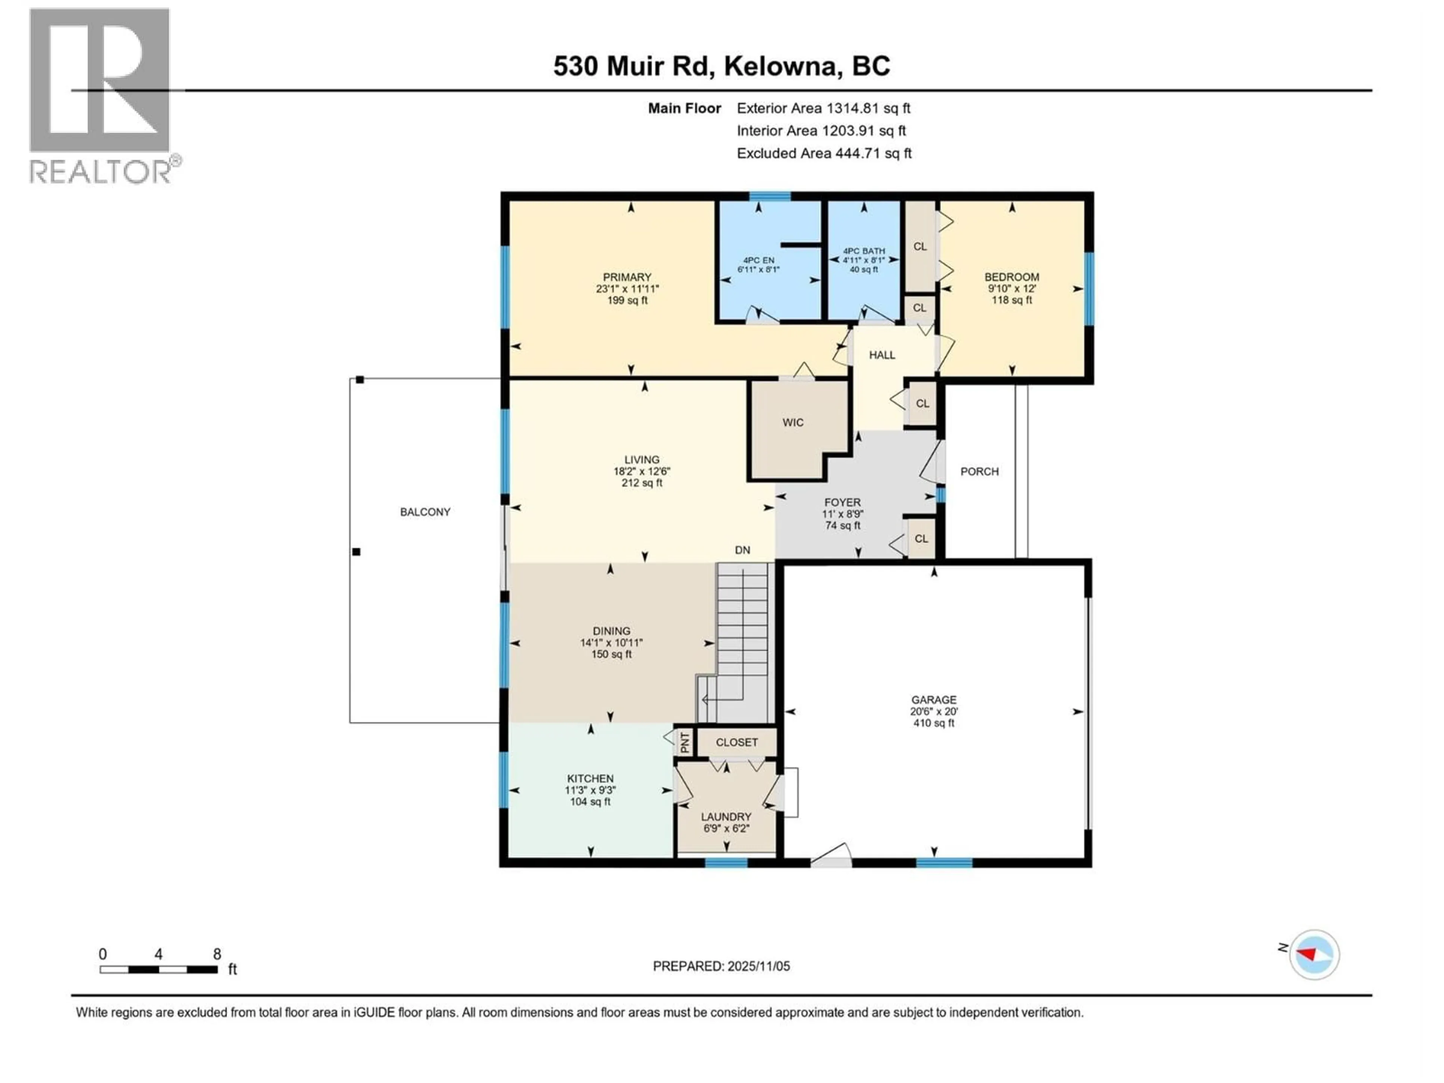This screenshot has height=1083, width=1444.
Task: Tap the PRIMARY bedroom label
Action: [x=627, y=277]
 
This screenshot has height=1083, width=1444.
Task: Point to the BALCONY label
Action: [x=425, y=512]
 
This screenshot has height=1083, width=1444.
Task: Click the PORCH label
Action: [x=979, y=471]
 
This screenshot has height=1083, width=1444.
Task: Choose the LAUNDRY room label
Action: [x=726, y=817]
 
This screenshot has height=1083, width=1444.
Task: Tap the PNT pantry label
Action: [x=685, y=743]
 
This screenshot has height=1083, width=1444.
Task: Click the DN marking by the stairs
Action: [x=742, y=550]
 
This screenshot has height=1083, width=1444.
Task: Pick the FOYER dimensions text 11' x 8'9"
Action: [x=842, y=514]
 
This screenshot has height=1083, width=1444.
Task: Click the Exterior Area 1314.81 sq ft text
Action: [x=823, y=108]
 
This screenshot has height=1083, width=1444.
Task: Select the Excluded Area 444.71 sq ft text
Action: [x=824, y=153]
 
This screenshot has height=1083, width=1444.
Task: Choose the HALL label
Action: [x=881, y=355]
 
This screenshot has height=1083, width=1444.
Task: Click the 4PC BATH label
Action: [x=864, y=251]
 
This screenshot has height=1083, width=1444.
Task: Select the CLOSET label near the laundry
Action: [x=736, y=742]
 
